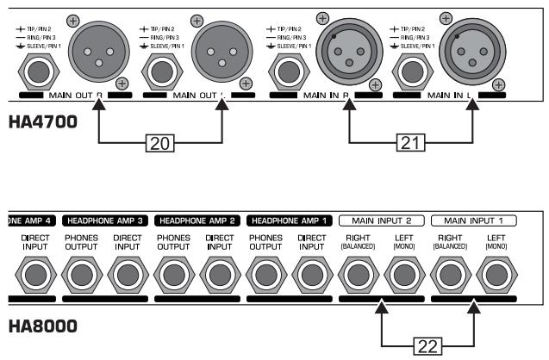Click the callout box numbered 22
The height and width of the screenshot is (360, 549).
click(427, 344)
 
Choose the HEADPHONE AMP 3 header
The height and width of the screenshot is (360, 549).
click(107, 220)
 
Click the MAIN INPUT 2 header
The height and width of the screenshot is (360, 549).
click(380, 220)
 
